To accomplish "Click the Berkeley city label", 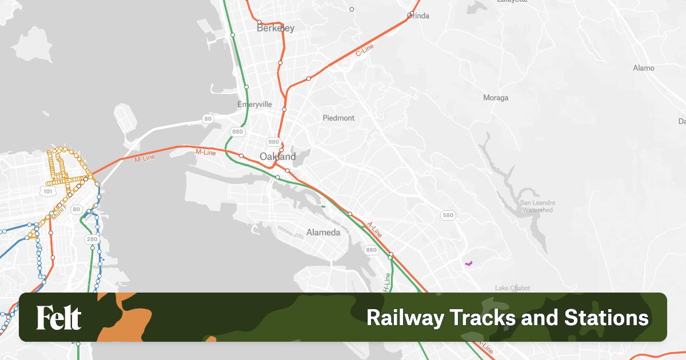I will (x=276, y=27).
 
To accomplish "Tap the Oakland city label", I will (x=278, y=157).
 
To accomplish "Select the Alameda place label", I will (x=324, y=233).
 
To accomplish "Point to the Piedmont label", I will (x=339, y=118).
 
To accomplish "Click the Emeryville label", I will (x=254, y=105).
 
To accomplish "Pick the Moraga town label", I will (x=496, y=98).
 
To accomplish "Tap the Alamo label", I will (x=644, y=68).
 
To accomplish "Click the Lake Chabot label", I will (x=513, y=288).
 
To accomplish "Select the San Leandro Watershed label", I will (x=537, y=206).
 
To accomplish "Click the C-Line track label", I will (x=364, y=50).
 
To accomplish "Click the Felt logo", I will (x=59, y=318).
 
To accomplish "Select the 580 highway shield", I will (x=448, y=215).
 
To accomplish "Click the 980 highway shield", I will (x=273, y=142).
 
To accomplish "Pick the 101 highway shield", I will (x=48, y=191).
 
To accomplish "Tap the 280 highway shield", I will (x=92, y=239).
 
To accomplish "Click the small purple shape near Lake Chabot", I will (x=469, y=263).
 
